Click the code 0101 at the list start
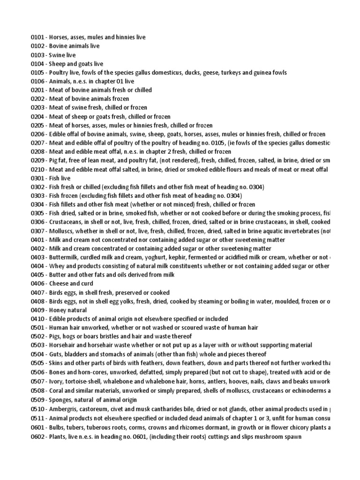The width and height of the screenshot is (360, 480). pos(37,37)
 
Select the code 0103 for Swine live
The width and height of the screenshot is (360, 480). pos(37,55)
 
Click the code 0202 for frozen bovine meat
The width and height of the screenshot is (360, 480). pos(37,99)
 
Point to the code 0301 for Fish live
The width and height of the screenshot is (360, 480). pos(37,178)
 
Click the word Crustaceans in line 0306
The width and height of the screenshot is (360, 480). pos(65,222)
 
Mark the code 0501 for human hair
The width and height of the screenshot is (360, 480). pos(37,328)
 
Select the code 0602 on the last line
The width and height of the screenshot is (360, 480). pos(37,436)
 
